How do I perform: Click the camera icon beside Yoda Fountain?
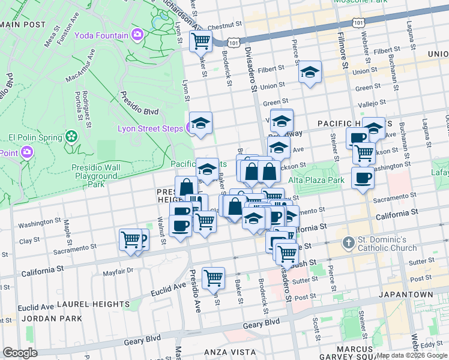point(137,35)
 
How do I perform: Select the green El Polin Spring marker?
point(72,137)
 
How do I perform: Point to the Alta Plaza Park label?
point(316,180)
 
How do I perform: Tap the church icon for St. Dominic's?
point(348,243)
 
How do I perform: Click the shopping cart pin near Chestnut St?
point(200,41)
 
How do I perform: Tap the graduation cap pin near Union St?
point(310,72)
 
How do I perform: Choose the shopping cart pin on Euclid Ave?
point(213,278)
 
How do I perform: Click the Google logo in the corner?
point(20,353)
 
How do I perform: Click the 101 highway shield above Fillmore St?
point(358,22)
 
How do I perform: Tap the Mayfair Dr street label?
point(117,271)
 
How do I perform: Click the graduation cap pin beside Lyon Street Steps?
point(201,122)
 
